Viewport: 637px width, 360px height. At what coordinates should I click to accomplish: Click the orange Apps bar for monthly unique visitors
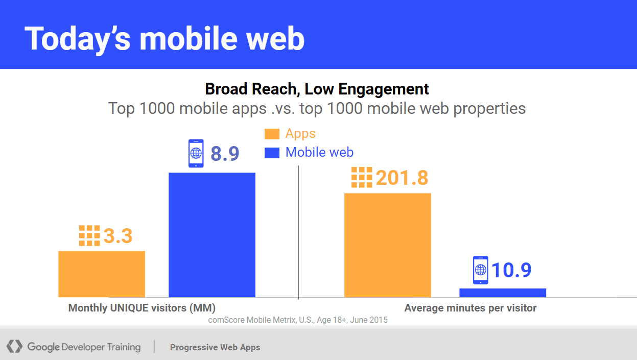(x=102, y=274)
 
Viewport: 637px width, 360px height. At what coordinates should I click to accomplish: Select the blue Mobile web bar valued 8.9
(x=212, y=235)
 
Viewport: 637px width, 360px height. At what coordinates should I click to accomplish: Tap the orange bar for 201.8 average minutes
(x=388, y=245)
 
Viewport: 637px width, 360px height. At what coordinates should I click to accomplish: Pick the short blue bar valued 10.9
(x=503, y=293)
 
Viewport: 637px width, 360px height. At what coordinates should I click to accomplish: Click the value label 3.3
(x=118, y=236)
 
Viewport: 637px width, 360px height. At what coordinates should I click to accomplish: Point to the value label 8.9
(x=225, y=154)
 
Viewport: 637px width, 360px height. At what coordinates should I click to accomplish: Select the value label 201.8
(x=402, y=178)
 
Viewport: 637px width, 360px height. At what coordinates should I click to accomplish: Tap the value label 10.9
(x=511, y=270)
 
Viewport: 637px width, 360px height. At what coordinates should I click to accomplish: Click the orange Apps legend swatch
(x=272, y=134)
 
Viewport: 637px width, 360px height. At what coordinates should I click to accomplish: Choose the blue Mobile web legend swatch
(x=272, y=152)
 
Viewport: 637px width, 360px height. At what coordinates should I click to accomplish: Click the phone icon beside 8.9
(x=196, y=153)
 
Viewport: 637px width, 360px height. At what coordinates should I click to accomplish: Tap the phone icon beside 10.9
(x=481, y=270)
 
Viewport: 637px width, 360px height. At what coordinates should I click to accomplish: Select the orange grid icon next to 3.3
(x=89, y=235)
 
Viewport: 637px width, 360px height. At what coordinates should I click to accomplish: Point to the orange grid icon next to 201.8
(x=362, y=177)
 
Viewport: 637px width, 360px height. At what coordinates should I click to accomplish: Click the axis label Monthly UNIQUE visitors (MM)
(x=142, y=308)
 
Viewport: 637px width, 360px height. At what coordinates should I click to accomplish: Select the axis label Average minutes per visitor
(x=470, y=308)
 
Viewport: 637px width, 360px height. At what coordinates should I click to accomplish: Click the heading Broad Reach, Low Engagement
(x=317, y=89)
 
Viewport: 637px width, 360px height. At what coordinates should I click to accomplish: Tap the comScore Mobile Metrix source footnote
(x=298, y=320)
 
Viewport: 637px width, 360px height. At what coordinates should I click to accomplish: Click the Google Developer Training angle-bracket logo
(x=14, y=346)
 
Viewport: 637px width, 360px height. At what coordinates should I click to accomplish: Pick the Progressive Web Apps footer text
(x=215, y=347)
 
